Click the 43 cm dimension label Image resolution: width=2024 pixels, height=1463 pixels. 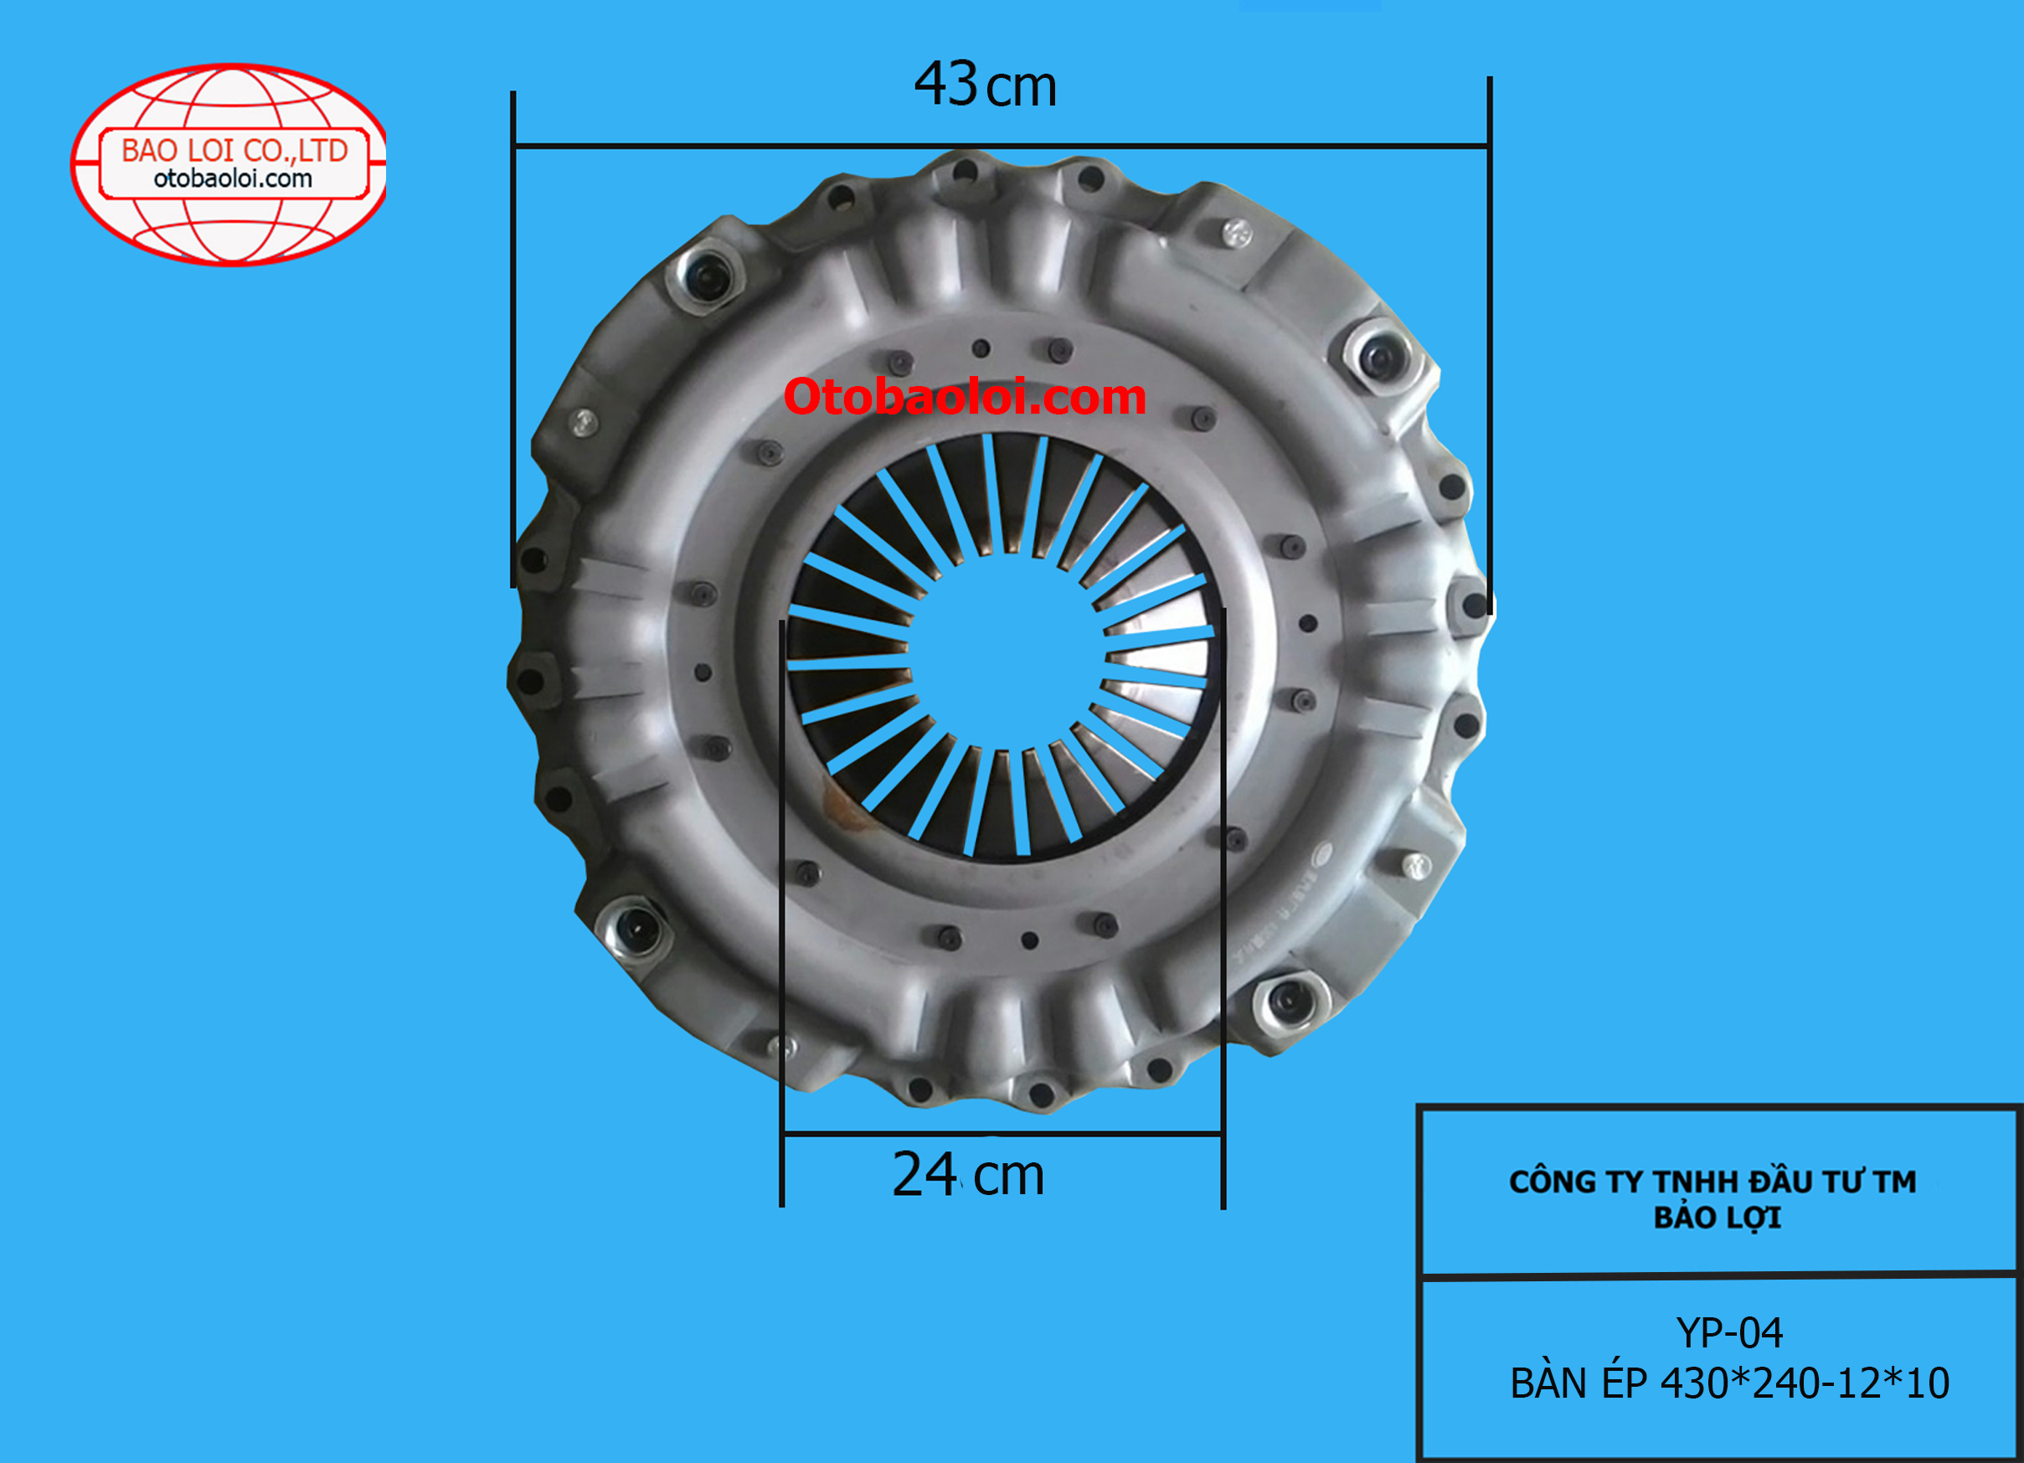coord(986,85)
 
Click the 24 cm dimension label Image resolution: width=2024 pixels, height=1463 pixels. coord(967,1175)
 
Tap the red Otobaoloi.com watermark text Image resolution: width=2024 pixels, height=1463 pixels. coord(965,396)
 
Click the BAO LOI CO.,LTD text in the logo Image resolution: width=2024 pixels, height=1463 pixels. coord(234,150)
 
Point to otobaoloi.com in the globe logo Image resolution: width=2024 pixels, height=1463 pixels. coord(233,178)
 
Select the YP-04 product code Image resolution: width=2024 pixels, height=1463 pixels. coord(1729,1332)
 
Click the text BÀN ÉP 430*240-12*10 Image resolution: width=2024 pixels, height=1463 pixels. coord(1729,1383)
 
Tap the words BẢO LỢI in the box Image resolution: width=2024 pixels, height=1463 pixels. coord(1717,1218)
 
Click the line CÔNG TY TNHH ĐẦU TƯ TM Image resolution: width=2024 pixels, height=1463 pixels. coord(1712,1181)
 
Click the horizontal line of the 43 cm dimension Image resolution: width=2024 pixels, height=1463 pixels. coord(1000,146)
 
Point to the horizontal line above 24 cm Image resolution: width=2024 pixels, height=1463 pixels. coord(1002,1135)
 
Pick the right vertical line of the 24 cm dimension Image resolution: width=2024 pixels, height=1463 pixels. coord(1223,893)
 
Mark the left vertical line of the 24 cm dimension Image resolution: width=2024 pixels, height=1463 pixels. coord(782,893)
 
